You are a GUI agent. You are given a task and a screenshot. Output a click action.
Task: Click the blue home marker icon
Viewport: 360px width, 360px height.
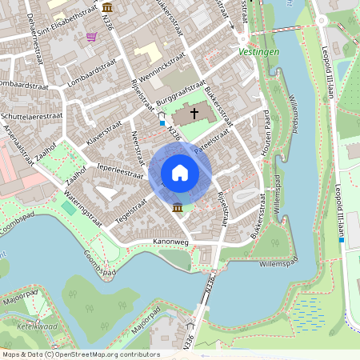point(180,173)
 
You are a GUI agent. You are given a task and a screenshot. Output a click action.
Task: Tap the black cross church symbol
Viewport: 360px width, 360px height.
point(194,114)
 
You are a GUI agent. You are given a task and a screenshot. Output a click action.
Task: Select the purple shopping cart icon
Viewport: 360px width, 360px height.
point(92,36)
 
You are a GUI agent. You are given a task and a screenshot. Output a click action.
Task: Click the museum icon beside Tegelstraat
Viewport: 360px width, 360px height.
point(177,209)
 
